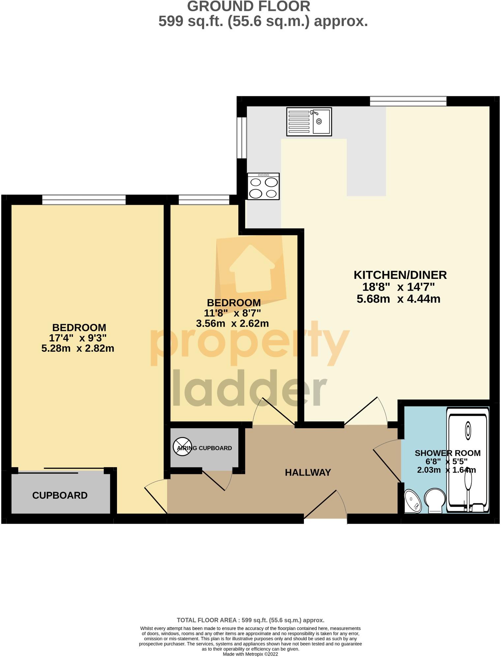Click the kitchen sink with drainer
point(309,122)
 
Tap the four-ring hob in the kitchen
point(263,186)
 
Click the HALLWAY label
point(308,472)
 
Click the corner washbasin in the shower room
point(412,501)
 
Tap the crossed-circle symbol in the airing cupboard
point(182,447)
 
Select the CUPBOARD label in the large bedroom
point(60,495)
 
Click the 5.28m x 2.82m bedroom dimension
point(78,348)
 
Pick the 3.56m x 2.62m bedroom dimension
point(232,323)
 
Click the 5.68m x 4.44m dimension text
point(398,299)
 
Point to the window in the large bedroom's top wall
point(84,200)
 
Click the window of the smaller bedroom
point(204,200)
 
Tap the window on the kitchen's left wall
point(242,138)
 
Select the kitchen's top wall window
point(408,101)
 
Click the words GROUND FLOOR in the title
point(249,7)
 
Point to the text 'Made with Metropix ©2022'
point(250,654)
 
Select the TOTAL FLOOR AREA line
point(250,620)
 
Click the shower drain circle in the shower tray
point(467,430)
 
